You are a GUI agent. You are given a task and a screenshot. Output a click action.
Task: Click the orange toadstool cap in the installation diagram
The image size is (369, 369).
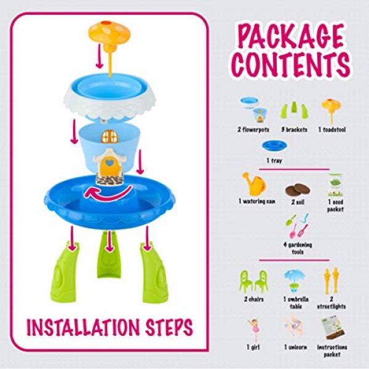(x=109, y=33)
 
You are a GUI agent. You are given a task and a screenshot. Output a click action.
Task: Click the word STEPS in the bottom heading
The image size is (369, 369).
(x=169, y=327)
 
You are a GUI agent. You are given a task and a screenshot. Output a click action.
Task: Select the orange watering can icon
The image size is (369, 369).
(x=254, y=184)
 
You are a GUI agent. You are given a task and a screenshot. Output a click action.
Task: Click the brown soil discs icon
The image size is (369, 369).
(x=298, y=190)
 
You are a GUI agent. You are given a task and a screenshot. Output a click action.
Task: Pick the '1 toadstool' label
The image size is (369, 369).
(x=332, y=130)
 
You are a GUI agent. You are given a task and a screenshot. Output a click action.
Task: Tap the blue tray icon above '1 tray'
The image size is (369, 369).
(x=274, y=145)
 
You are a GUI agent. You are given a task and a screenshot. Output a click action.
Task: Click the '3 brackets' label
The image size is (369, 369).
(x=294, y=130)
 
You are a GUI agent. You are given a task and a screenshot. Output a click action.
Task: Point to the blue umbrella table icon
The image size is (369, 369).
(x=294, y=281)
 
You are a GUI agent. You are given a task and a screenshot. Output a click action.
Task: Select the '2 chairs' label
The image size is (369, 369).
(x=253, y=300)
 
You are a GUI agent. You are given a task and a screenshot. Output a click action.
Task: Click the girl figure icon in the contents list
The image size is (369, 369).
(x=253, y=330)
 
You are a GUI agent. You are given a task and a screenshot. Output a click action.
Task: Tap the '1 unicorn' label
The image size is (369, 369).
(x=295, y=347)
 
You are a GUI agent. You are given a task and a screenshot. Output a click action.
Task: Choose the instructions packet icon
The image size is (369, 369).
(x=333, y=328)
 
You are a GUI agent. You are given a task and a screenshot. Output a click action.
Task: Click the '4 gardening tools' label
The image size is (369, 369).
(x=298, y=248)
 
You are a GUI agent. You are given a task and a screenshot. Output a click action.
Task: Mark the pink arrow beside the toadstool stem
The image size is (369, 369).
(x=99, y=56)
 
